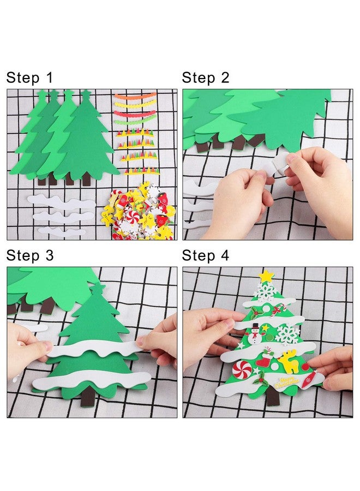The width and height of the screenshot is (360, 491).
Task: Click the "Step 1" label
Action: click(x=30, y=77)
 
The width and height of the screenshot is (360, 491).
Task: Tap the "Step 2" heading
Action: click(x=206, y=77)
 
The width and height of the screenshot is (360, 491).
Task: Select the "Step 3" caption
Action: click(x=30, y=255)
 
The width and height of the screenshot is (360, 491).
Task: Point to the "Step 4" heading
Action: click(x=206, y=255)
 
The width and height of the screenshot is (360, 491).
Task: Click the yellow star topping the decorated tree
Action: click(x=266, y=276)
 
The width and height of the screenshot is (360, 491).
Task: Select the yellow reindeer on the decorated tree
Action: click(x=287, y=360)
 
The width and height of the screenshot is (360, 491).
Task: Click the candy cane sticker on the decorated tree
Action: click(x=281, y=310)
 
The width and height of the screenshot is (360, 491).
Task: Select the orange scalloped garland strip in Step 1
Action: click(x=135, y=97)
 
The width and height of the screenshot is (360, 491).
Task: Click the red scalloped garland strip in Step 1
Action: click(x=135, y=113)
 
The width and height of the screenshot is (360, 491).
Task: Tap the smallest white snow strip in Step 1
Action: click(x=61, y=232)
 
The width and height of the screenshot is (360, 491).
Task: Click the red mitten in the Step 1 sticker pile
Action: click(x=124, y=200)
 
